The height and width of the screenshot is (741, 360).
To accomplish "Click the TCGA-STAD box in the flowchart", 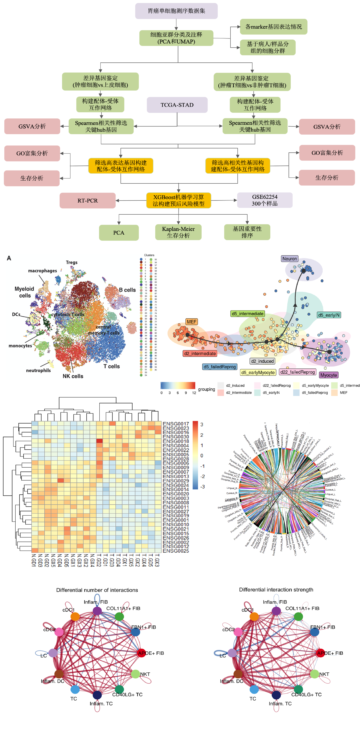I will pos(177,105).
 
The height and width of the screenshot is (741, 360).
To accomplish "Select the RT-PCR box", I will pos(88,201).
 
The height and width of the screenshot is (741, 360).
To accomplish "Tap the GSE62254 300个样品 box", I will pos(265,200).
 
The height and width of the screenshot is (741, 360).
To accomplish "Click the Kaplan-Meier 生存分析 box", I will pos(178,232).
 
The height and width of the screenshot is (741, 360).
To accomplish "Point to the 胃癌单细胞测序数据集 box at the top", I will pos(176,11).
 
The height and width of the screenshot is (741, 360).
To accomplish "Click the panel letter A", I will pos(9,258).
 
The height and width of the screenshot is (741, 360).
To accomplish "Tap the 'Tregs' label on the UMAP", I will pos(72,262).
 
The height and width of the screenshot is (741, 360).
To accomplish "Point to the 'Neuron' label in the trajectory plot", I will pos(289,259).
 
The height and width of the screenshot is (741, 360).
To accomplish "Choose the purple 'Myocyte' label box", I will pos(329,375).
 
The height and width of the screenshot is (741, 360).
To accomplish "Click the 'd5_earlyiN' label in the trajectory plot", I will pos(329,315).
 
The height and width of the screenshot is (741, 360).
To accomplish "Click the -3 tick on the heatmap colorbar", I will pos(202,487).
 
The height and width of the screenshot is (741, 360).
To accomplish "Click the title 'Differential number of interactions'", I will pos(97,590).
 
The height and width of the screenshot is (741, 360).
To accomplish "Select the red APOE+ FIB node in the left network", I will pos(141,653).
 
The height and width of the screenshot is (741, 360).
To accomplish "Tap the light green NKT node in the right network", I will pos(315,674).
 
